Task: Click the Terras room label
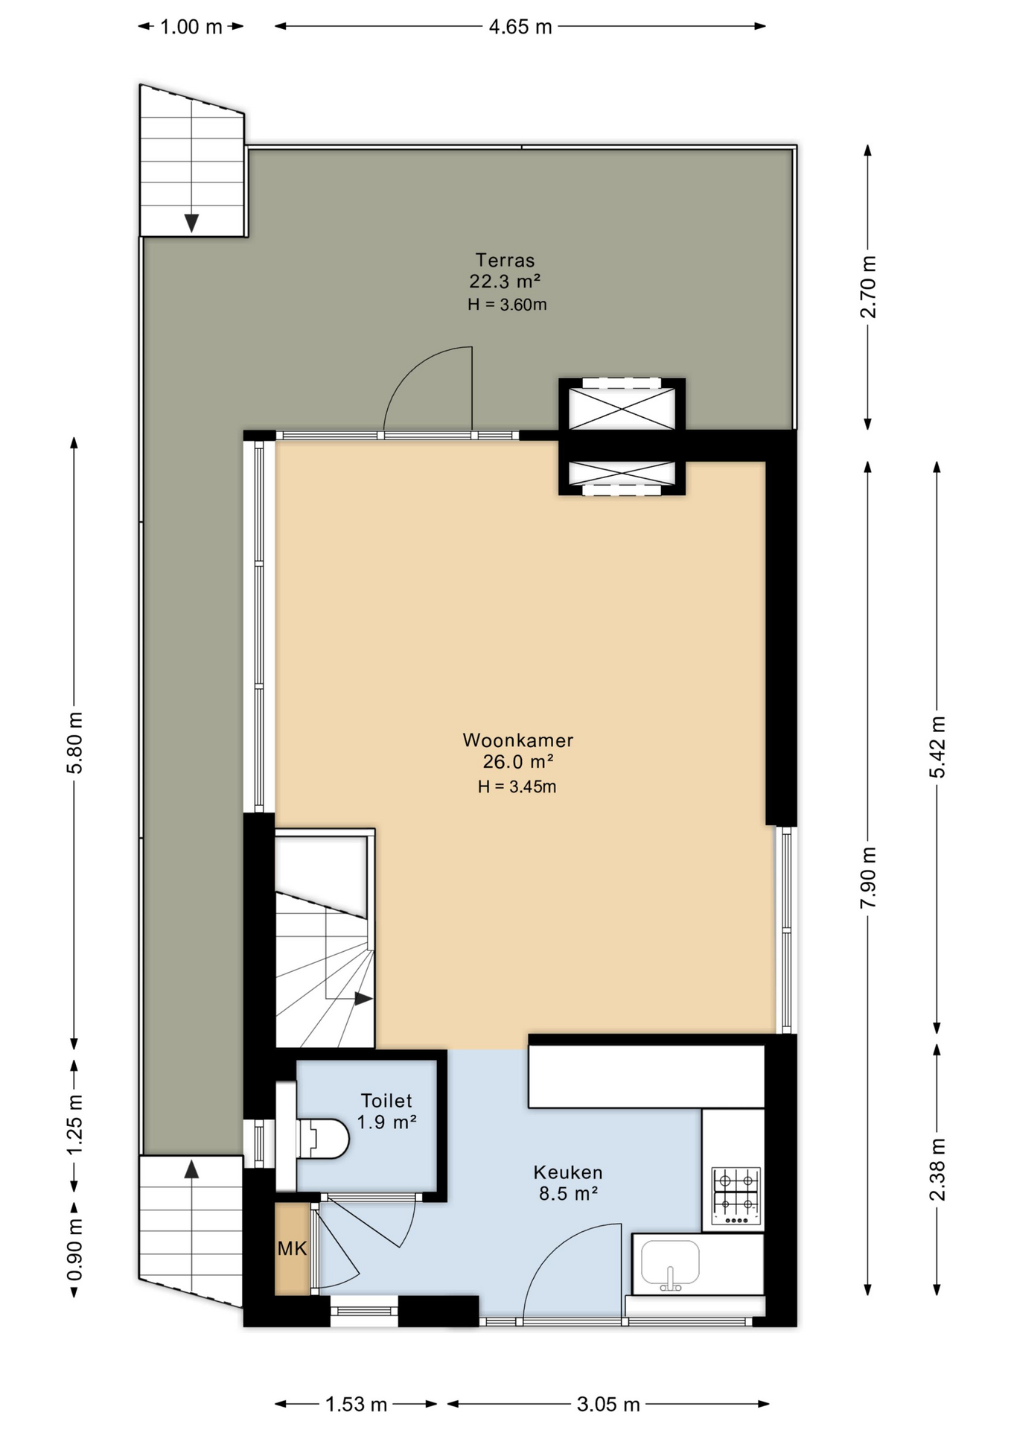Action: click(505, 260)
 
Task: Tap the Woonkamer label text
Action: click(517, 740)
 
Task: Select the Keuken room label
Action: click(567, 1172)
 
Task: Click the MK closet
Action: click(292, 1248)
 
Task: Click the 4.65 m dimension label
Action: click(520, 27)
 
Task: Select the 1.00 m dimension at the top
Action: click(191, 27)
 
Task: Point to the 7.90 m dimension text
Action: click(868, 877)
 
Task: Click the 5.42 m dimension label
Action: click(937, 747)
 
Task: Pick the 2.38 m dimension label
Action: click(937, 1169)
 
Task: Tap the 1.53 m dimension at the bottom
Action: click(356, 1404)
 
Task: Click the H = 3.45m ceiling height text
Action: click(517, 786)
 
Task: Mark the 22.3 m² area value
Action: click(504, 282)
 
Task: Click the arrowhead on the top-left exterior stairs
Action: click(191, 223)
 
